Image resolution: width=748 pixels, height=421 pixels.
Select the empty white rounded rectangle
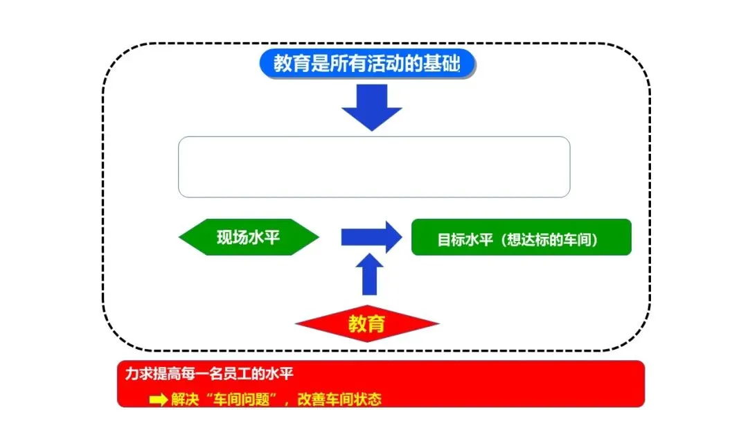coord(374,167)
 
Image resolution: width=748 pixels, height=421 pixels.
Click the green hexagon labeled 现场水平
coord(249,238)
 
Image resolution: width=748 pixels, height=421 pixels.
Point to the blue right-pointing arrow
coord(371,238)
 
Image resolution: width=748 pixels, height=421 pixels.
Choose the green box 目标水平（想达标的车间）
coord(521,238)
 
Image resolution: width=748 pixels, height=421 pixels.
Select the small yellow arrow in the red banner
coord(159,400)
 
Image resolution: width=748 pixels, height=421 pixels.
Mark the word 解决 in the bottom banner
coord(184,400)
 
